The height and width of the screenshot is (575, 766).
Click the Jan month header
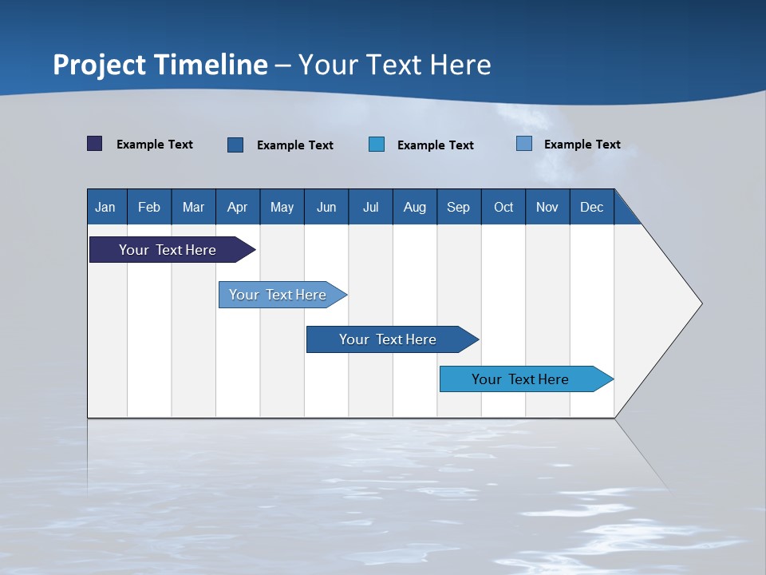tap(106, 207)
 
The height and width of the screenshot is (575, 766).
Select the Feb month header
tap(149, 207)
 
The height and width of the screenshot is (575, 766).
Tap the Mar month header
tap(193, 207)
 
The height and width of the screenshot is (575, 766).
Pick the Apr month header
tap(238, 207)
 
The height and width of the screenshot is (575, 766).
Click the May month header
tap(282, 207)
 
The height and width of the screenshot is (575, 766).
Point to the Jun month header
tap(326, 207)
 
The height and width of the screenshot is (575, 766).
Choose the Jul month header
tap(370, 207)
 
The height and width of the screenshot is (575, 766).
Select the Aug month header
tap(415, 207)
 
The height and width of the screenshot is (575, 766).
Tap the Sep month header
tap(459, 207)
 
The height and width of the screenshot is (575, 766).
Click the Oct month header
tap(503, 207)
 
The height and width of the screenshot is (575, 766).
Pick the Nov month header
tap(547, 207)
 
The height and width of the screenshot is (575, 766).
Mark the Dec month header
tap(592, 207)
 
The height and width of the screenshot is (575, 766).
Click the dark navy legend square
tap(95, 144)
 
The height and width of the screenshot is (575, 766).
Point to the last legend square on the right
tap(524, 144)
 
